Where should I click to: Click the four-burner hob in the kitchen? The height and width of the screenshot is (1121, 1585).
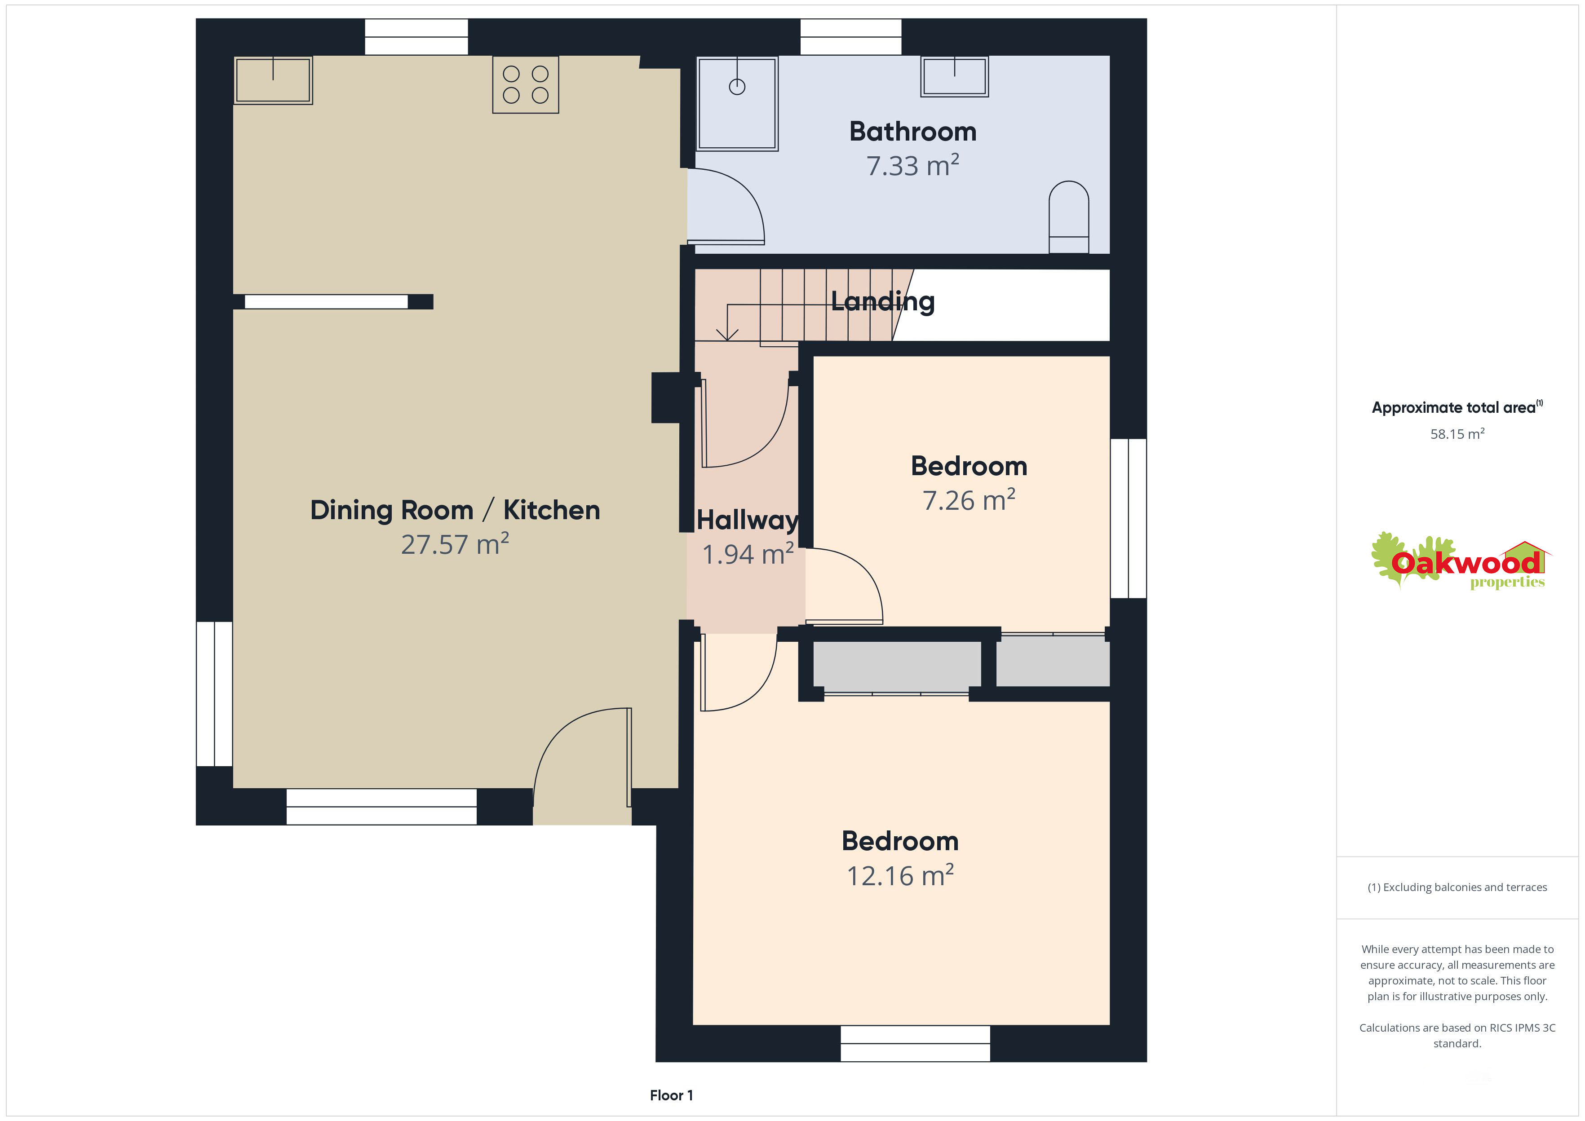[525, 84]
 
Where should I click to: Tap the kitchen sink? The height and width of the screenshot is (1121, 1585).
[273, 80]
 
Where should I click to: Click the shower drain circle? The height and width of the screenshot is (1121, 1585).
[737, 87]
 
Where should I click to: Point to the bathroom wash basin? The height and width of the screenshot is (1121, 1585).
[954, 76]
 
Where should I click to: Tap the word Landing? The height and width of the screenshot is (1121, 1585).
[883, 302]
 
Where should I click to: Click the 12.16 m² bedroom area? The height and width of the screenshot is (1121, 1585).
[900, 876]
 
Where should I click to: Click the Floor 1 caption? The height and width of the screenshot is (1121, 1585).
[671, 1095]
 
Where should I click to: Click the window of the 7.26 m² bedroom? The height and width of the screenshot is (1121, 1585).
[1128, 518]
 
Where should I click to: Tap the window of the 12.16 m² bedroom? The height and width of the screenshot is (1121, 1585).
[916, 1044]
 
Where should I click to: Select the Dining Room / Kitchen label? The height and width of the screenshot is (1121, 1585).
[455, 511]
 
